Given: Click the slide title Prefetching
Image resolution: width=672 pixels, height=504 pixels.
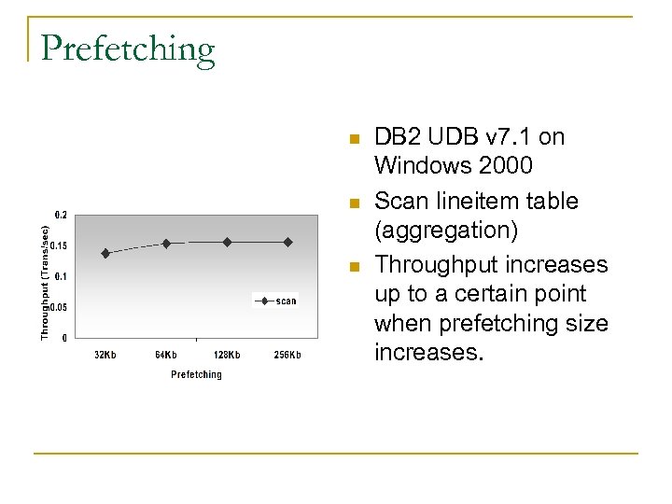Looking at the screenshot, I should click(128, 49).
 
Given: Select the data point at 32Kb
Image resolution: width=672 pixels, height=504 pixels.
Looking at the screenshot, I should click(105, 253).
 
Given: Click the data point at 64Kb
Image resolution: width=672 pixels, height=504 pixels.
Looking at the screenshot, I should click(166, 243).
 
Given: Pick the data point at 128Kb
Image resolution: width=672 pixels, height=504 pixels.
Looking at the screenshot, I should click(227, 242).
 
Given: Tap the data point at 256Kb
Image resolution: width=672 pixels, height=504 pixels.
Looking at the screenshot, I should click(287, 242).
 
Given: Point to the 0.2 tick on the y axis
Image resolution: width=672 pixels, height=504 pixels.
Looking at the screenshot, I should click(60, 215).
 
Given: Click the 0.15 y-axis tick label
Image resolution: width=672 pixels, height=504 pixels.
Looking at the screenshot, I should click(58, 245).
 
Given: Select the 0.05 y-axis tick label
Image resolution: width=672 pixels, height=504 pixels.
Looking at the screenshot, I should click(58, 307).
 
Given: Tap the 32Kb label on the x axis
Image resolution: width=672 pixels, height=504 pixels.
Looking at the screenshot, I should click(105, 355).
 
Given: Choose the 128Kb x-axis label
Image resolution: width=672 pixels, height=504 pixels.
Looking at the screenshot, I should click(227, 355).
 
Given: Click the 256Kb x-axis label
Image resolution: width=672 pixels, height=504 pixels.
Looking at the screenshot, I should click(287, 355).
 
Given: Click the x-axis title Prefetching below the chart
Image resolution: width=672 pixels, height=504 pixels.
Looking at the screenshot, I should click(196, 374).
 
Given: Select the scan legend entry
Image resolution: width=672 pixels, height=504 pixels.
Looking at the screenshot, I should click(276, 301).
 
